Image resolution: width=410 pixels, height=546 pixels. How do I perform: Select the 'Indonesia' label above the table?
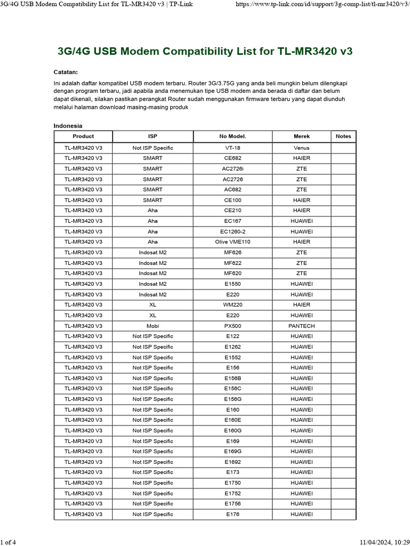click(68, 126)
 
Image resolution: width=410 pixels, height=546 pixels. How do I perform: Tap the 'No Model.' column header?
click(233, 136)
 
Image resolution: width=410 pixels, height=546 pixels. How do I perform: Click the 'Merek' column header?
click(302, 136)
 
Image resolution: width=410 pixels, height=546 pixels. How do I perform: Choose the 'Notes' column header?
click(343, 136)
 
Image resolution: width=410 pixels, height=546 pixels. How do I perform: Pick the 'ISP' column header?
click(153, 136)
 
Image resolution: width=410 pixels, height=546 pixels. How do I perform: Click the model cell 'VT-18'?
click(233, 148)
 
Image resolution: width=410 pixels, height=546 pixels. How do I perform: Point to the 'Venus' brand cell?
click(302, 148)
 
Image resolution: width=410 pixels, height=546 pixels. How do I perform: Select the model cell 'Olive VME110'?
click(233, 242)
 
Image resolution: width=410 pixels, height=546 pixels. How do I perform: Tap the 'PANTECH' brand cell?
click(302, 326)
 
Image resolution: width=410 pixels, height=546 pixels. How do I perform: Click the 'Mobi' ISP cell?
click(153, 326)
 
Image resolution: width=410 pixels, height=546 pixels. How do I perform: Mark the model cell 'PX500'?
click(233, 326)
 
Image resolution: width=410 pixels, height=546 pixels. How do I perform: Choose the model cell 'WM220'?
click(233, 305)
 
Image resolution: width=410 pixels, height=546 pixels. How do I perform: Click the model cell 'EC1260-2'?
click(233, 231)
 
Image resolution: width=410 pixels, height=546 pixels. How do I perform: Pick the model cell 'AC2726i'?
click(233, 168)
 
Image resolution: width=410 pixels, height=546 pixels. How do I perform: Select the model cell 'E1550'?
click(233, 284)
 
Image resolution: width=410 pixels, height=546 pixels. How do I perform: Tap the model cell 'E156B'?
click(233, 378)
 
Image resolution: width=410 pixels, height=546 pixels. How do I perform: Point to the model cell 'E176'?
click(233, 515)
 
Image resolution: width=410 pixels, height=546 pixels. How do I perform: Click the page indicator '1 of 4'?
click(8, 543)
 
